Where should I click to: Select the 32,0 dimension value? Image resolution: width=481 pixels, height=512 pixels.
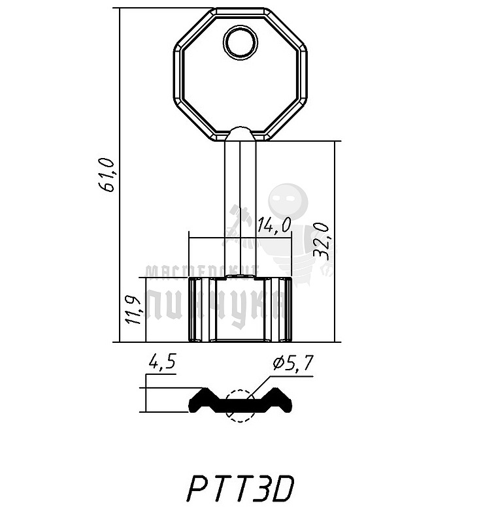point(322,241)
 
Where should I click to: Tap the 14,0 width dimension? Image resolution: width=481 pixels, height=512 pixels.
point(273,226)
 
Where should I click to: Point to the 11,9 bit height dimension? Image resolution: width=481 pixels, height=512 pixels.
point(134,310)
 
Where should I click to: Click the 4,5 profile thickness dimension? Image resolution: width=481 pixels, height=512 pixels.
point(163,362)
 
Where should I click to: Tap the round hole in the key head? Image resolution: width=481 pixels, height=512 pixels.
point(239,43)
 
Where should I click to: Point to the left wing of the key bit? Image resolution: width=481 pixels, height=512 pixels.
point(199,310)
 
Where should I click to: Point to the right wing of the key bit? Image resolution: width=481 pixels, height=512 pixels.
point(280,310)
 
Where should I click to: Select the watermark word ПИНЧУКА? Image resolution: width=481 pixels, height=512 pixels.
point(216,306)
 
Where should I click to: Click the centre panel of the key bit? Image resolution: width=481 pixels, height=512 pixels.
point(240,310)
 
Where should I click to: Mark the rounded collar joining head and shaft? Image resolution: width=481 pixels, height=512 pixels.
point(240,135)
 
